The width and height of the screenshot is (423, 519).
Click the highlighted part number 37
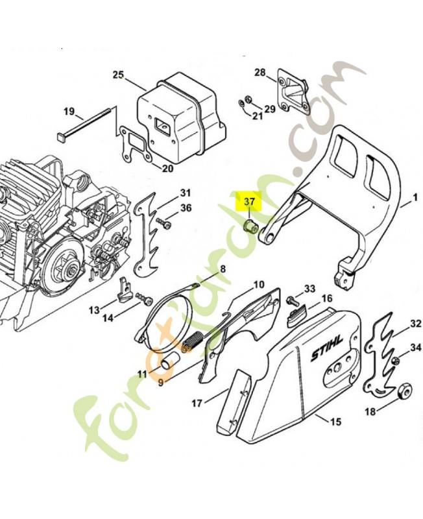tap(250, 202)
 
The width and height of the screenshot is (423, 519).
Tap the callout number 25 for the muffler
tap(118, 75)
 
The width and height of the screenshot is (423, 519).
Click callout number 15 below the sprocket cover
tap(335, 422)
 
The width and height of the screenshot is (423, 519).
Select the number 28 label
tap(260, 73)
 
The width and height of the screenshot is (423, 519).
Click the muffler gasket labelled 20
tap(134, 144)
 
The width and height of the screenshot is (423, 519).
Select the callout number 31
tap(186, 193)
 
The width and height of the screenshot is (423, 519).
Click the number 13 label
tap(95, 310)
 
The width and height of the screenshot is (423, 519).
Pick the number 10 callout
tap(240, 284)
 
